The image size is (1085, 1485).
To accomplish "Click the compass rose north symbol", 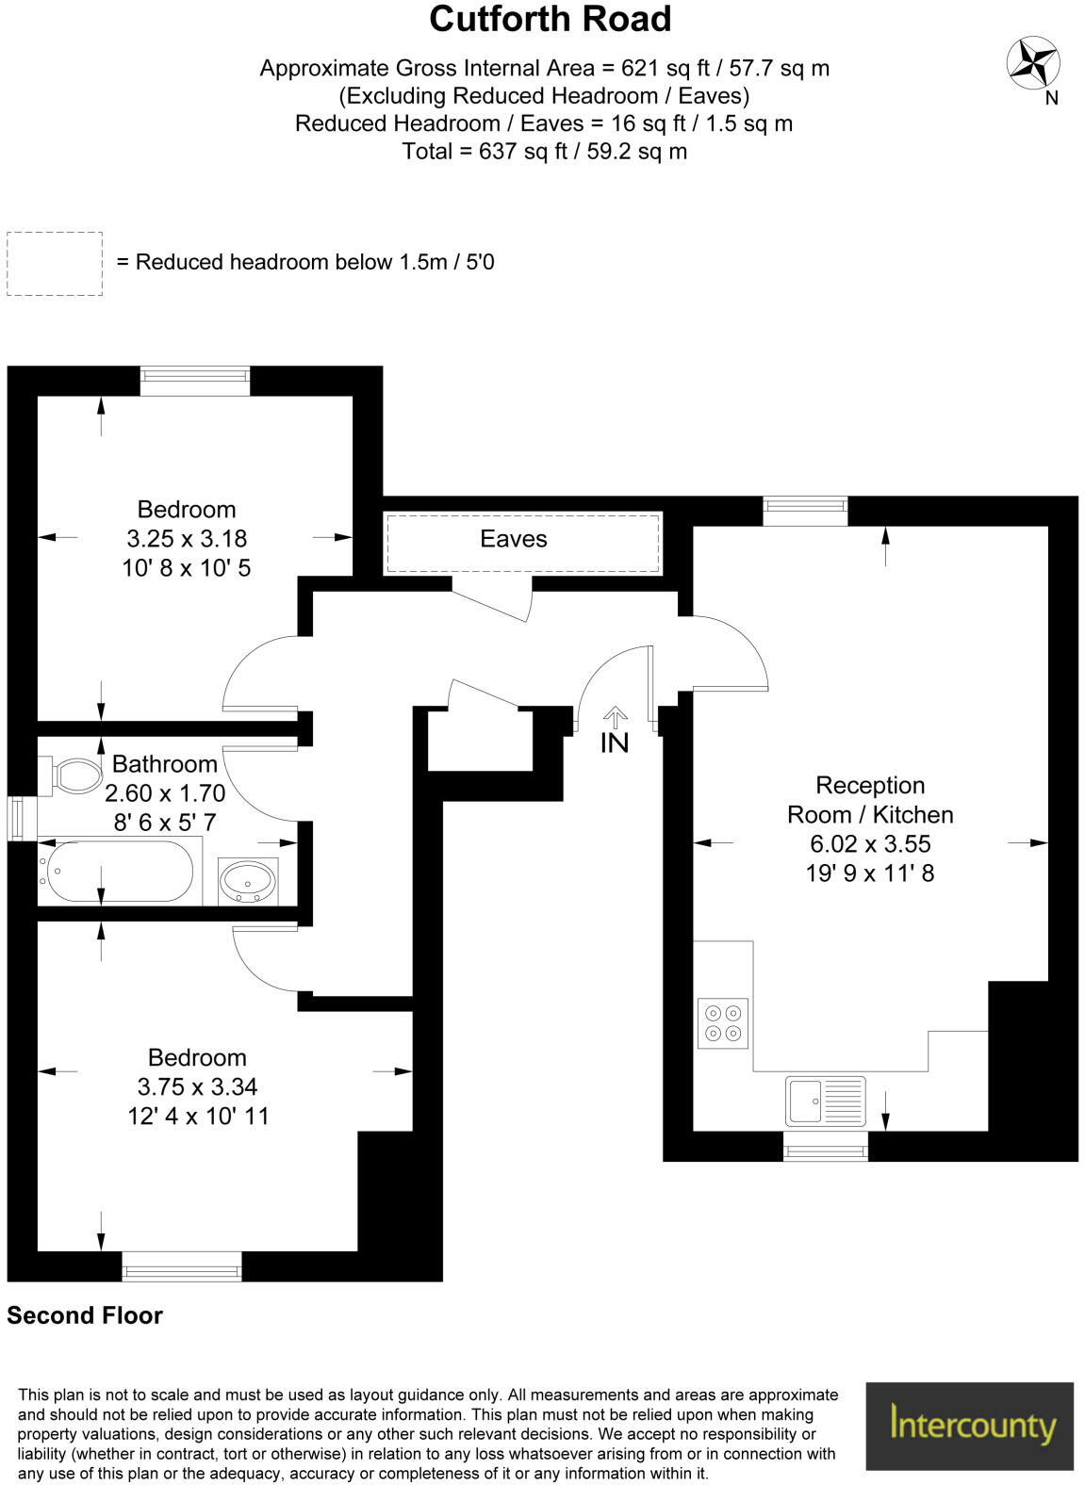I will click(x=1033, y=63).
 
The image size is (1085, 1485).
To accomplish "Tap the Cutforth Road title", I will click(x=550, y=20).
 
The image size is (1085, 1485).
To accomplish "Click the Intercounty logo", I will click(x=971, y=1426).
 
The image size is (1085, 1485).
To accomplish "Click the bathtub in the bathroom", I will click(x=117, y=872).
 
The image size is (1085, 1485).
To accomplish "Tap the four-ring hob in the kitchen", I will click(x=723, y=1022).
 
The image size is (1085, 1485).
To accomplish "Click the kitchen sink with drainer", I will click(x=825, y=1101).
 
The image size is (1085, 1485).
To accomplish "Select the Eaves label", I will click(x=513, y=539).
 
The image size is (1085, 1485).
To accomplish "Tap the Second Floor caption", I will click(x=85, y=1315).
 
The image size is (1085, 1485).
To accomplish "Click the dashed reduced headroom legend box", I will click(x=55, y=264).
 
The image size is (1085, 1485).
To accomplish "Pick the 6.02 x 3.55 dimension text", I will click(x=870, y=843).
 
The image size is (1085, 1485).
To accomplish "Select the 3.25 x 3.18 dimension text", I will click(x=187, y=539).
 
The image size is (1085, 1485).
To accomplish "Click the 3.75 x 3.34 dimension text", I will click(x=197, y=1086).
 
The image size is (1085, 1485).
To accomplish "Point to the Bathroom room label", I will click(x=164, y=763).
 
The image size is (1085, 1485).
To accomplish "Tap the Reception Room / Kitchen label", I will click(x=870, y=799).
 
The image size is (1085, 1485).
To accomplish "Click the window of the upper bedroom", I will click(x=195, y=381).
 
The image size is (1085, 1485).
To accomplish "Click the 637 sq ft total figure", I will click(x=510, y=151).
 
